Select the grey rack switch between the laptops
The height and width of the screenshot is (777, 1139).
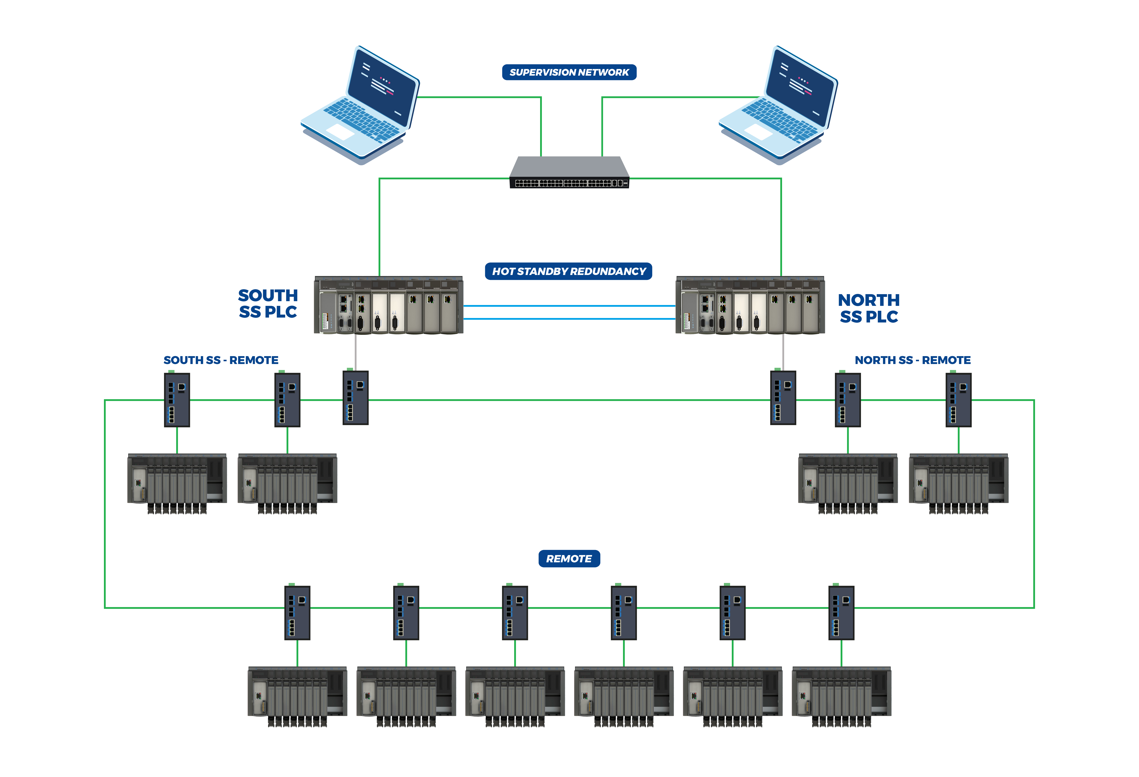coord(569,173)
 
